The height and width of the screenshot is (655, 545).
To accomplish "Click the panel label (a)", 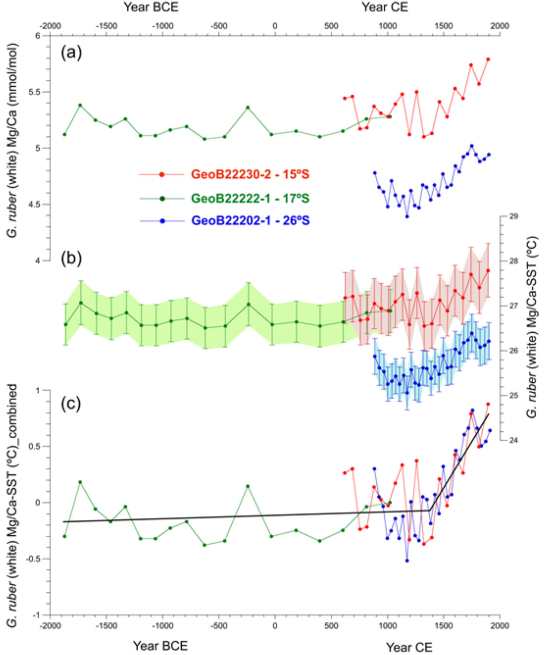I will (71, 53).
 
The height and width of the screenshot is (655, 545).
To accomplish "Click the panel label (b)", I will (71, 259).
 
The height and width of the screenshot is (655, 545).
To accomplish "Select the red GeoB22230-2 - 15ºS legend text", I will (250, 175).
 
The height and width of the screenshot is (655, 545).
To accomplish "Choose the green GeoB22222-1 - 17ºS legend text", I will (250, 198).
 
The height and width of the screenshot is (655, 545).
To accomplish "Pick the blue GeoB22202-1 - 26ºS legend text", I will (250, 221).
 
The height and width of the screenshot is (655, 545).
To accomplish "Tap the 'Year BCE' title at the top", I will (151, 7).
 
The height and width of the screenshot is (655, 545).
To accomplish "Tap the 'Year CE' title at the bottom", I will (409, 647).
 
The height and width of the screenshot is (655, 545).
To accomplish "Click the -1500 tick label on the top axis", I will (106, 26).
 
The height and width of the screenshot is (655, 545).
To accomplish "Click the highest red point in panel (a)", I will (488, 59).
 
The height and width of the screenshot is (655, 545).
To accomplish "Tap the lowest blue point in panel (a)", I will (407, 216).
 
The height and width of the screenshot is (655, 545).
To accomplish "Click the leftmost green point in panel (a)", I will (64, 135).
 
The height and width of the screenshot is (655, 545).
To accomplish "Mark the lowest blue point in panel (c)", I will (407, 560).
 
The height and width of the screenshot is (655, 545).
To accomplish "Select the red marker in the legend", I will (161, 175).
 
